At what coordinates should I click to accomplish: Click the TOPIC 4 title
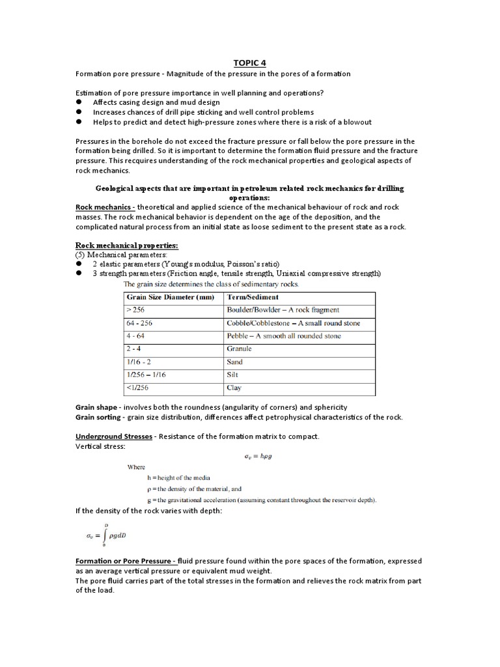pyautogui.click(x=249, y=63)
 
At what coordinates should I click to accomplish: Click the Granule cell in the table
pyautogui.click(x=239, y=349)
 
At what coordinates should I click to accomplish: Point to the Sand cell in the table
pyautogui.click(x=235, y=362)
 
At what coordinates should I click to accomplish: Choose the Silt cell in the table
pyautogui.click(x=233, y=375)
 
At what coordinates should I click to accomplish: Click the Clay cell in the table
pyautogui.click(x=234, y=388)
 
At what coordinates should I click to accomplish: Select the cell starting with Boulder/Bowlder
pyautogui.click(x=283, y=310)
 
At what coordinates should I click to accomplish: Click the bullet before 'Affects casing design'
pyautogui.click(x=79, y=102)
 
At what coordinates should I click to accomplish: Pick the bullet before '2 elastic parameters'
pyautogui.click(x=79, y=264)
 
